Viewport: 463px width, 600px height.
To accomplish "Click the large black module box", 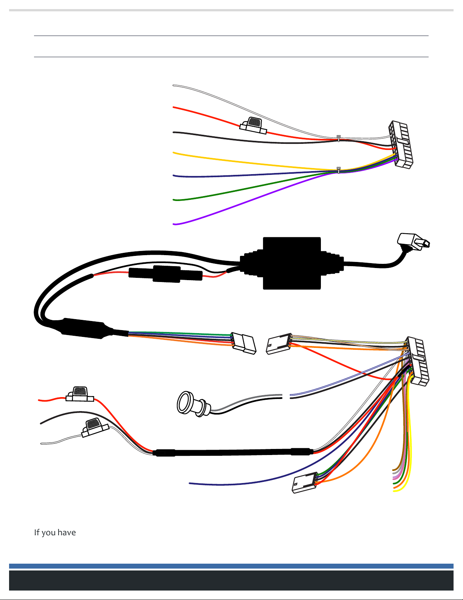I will (291, 263).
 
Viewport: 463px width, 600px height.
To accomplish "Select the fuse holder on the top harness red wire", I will (253, 126).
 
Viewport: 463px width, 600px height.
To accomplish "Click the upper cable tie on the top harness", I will (339, 138).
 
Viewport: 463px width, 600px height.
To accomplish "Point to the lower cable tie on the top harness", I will (339, 170).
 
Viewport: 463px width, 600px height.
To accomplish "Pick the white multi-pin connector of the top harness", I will (401, 145).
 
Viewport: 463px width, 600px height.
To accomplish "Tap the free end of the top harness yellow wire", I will (174, 153).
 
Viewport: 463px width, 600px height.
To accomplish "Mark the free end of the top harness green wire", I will (174, 199).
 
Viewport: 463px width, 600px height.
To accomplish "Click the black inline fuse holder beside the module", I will (165, 274).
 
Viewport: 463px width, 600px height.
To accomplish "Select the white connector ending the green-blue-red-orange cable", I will (244, 343).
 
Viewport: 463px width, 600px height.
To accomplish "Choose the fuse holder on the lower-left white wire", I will (95, 427).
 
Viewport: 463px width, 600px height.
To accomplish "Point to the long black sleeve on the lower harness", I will (233, 452).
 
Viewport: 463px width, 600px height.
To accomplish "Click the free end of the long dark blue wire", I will (190, 483).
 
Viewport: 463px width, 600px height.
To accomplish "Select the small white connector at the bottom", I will (305, 483).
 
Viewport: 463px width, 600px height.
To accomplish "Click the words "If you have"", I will (55, 533).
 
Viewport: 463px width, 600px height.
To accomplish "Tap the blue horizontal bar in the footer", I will (231, 566).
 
